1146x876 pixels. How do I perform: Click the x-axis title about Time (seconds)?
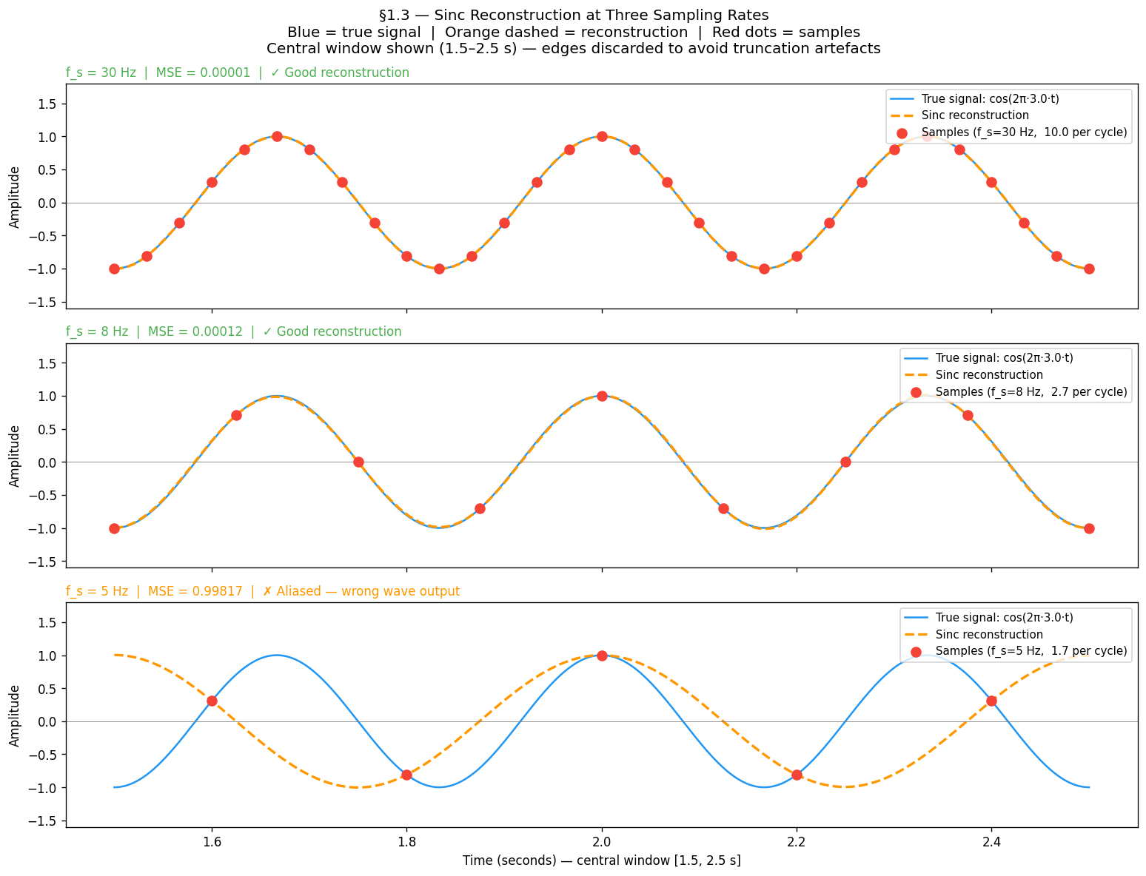(601, 860)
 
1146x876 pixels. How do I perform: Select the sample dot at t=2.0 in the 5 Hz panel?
(602, 656)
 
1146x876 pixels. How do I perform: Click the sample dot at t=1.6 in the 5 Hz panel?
(212, 701)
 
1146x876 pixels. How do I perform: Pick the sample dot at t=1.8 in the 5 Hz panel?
(406, 775)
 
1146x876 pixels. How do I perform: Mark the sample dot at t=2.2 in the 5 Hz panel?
(797, 775)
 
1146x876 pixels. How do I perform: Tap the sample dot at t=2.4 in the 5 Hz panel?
(991, 701)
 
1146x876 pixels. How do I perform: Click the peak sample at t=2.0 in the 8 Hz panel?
(602, 396)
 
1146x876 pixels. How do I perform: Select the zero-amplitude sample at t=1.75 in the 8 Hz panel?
(358, 462)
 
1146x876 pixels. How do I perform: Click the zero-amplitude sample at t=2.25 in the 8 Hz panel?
(845, 462)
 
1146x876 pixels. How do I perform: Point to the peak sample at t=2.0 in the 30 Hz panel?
(602, 136)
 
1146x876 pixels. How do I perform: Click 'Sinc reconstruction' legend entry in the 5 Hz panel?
(989, 634)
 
